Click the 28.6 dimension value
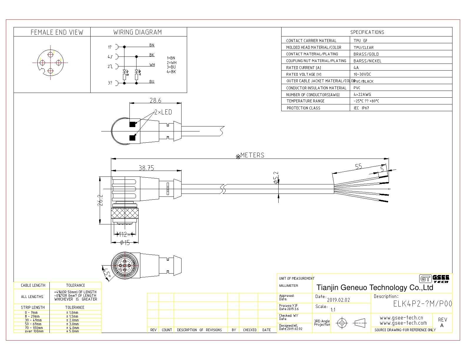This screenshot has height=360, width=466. coord(155,100)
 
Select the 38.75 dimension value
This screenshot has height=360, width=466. coord(146,168)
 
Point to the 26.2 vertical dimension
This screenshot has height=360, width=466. coord(101,200)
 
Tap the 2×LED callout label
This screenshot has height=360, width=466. coord(163,112)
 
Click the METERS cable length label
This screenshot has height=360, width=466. coord(252,155)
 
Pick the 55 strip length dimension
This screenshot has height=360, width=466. coord(358,166)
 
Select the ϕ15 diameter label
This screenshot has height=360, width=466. coord(125,243)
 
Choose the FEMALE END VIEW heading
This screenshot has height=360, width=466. coord(57,32)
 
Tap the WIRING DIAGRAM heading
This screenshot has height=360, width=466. coord(138,32)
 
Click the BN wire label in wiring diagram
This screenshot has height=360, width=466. coord(152,45)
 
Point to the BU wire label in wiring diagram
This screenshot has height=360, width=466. coord(152,81)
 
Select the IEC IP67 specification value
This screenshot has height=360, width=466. coord(361,108)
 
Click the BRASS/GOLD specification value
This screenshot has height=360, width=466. coord(366,54)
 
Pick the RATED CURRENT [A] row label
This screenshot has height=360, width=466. coord(303,68)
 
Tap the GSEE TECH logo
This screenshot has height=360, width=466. coord(434,279)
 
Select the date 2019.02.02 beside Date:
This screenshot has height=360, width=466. coord(338,300)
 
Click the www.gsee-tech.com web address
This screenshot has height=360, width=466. coord(403,323)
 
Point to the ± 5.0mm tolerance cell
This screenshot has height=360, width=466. coord(72,331)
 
